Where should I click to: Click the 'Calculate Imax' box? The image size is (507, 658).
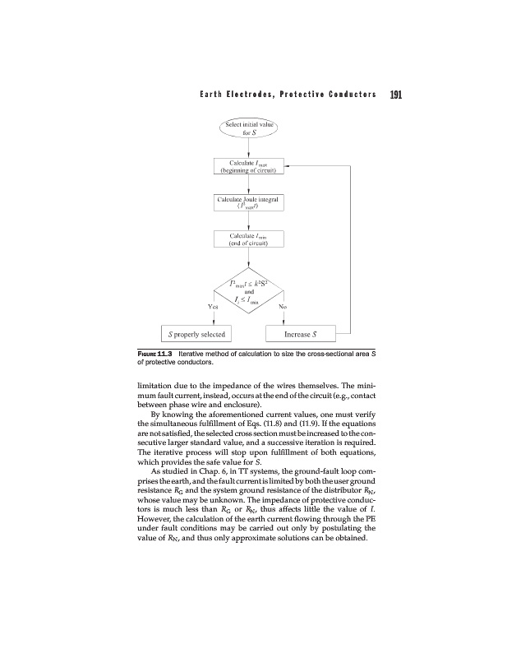click(x=248, y=167)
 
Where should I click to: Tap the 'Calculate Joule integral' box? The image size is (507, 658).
click(x=248, y=202)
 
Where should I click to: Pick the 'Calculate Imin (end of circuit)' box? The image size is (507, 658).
click(x=248, y=239)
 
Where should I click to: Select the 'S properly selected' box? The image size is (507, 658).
click(x=196, y=335)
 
